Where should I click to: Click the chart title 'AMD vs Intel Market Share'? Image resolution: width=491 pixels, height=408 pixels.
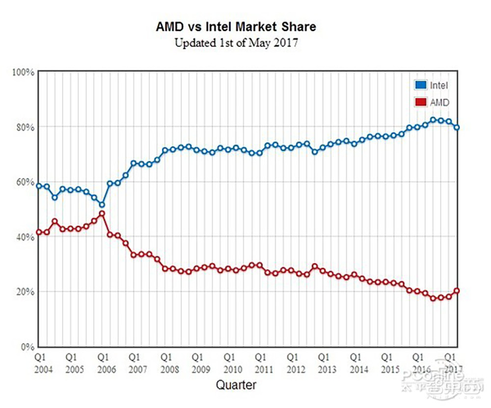(x=236, y=26)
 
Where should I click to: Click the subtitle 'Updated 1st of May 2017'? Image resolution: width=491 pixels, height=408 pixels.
(x=236, y=43)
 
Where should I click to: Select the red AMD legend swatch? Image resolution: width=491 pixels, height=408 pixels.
(x=420, y=102)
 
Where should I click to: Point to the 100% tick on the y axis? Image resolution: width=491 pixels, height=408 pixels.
(x=23, y=72)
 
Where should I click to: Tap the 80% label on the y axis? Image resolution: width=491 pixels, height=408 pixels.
(x=25, y=127)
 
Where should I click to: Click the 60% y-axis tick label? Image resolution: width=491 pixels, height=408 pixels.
(x=25, y=182)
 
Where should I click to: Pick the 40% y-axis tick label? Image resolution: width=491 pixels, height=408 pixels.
(x=25, y=237)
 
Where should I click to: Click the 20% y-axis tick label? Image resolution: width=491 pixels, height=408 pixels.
(x=25, y=292)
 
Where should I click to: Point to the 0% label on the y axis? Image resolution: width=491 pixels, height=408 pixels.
(x=27, y=347)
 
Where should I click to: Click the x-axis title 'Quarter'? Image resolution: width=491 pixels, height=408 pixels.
(x=236, y=385)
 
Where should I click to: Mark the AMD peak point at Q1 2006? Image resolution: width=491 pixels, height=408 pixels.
(x=102, y=214)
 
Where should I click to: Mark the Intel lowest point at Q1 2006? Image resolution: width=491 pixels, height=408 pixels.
(x=102, y=204)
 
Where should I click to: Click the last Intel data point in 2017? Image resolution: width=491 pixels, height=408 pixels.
(x=457, y=127)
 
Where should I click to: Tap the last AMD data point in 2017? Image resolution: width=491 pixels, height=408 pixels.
(x=457, y=291)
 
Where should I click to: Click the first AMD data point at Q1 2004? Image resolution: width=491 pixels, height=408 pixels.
(x=39, y=232)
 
